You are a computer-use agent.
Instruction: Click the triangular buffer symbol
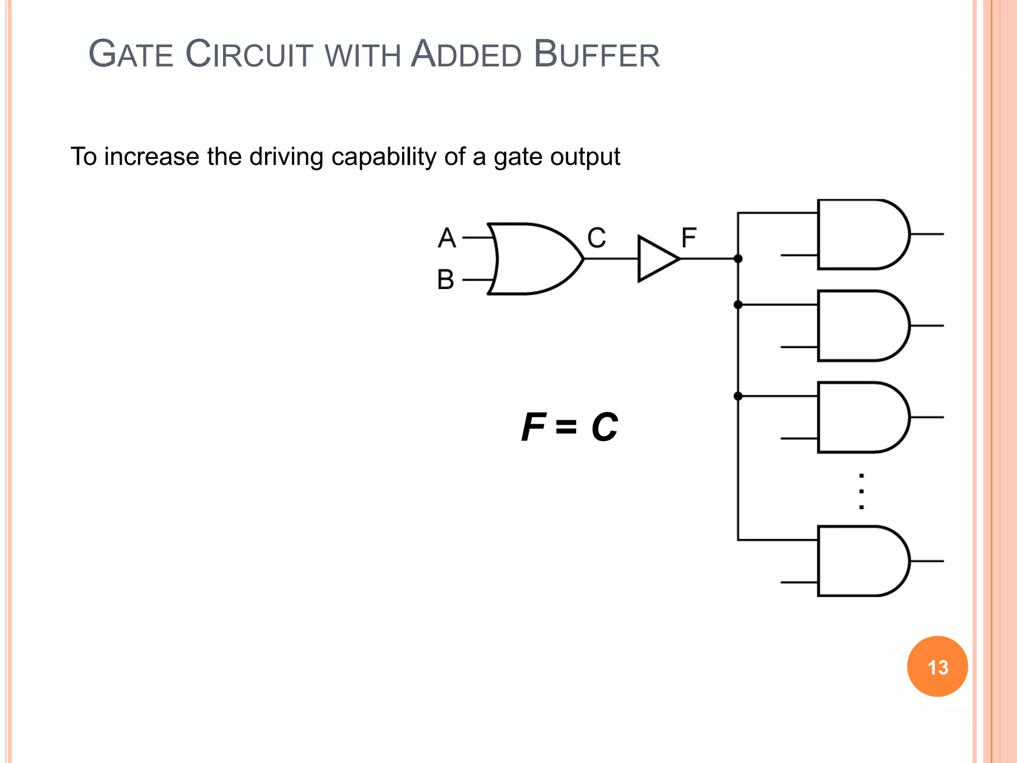(655, 259)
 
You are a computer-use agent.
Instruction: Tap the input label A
(446, 238)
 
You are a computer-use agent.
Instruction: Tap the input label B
(445, 280)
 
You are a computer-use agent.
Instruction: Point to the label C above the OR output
(596, 238)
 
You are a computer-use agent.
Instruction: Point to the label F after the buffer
(689, 238)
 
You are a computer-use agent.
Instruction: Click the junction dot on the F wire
(738, 259)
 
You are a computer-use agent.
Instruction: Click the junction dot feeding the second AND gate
(738, 305)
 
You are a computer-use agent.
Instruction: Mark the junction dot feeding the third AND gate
(738, 396)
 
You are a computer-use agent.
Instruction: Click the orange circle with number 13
(937, 667)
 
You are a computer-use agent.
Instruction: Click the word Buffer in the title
(596, 54)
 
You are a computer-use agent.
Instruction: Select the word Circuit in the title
(249, 54)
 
